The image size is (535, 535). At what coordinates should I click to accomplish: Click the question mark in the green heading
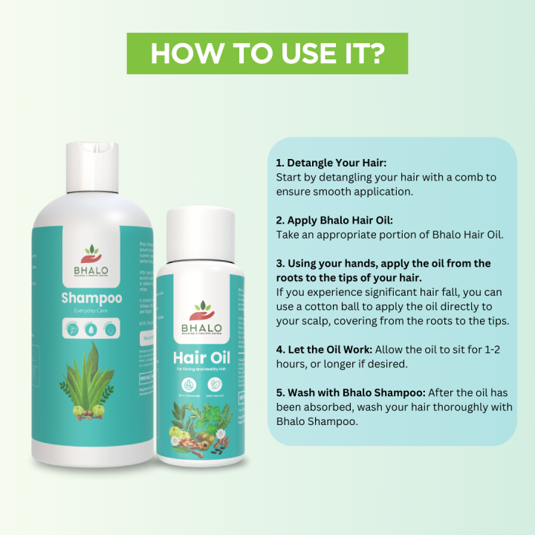pos(376,53)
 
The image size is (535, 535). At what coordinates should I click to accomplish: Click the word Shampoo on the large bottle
pos(91,299)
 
